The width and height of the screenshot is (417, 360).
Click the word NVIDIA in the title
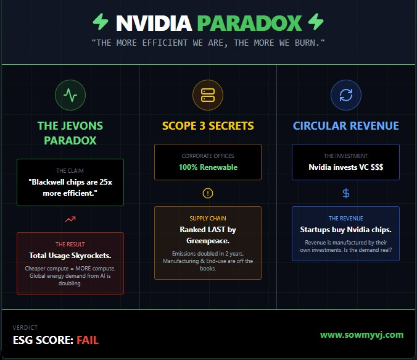pyautogui.click(x=154, y=23)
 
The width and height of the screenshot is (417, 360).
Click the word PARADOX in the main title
pyautogui.click(x=250, y=23)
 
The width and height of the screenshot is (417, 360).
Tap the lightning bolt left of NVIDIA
pyautogui.click(x=101, y=22)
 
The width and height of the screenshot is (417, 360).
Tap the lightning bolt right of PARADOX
pyautogui.click(x=315, y=22)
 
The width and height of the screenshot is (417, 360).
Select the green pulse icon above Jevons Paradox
pyautogui.click(x=70, y=95)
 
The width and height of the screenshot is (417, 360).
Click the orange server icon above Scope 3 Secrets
pyautogui.click(x=208, y=95)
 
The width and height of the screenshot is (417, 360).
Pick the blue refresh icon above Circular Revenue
pyautogui.click(x=345, y=95)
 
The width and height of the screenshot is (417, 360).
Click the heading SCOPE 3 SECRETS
pyautogui.click(x=208, y=126)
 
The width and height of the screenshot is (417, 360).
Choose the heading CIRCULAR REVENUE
pyautogui.click(x=345, y=126)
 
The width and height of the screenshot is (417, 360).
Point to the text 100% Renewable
pyautogui.click(x=208, y=167)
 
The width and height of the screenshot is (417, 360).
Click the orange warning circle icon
pyautogui.click(x=208, y=193)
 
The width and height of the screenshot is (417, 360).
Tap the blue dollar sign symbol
pyautogui.click(x=345, y=193)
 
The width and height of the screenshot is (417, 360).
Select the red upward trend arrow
pyautogui.click(x=70, y=219)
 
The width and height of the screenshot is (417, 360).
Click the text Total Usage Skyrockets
pyautogui.click(x=70, y=256)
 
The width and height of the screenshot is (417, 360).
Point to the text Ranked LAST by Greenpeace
pyautogui.click(x=208, y=235)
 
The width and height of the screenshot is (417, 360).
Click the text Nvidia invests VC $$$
pyautogui.click(x=345, y=167)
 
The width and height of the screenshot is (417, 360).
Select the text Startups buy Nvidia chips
pyautogui.click(x=345, y=230)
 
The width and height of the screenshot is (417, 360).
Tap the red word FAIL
pyautogui.click(x=88, y=340)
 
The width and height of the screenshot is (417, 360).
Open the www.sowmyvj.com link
pyautogui.click(x=361, y=335)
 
